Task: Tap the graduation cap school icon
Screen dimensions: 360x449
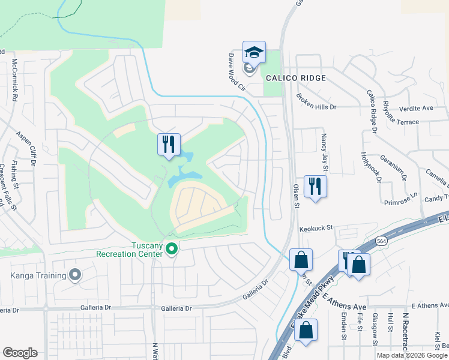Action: pos(254,53)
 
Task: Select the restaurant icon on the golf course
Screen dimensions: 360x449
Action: pos(169,145)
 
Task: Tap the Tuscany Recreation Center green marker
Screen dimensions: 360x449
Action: pos(172,248)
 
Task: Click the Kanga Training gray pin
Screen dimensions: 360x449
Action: pos(75,275)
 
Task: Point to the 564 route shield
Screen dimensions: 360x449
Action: pos(382,241)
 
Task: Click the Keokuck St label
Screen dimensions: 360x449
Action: pos(316,229)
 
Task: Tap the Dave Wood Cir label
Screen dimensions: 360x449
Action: pos(237,72)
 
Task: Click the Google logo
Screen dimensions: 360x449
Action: pos(20,353)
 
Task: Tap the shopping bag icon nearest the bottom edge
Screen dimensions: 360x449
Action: pos(306,331)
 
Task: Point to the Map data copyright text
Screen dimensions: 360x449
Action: pos(411,355)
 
